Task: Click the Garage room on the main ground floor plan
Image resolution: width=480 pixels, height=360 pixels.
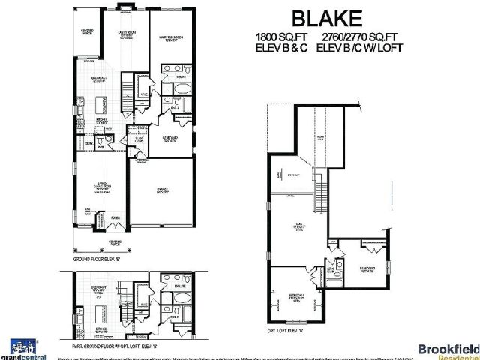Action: (x=161, y=192)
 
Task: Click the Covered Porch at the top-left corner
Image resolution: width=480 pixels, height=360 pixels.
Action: (x=86, y=31)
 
